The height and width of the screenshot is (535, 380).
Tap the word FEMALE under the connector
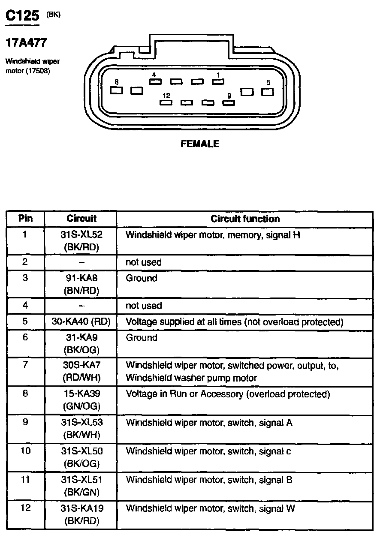[x=200, y=144]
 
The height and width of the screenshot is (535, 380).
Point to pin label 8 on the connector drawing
[x=116, y=81]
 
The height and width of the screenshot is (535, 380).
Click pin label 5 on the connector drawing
[x=268, y=82]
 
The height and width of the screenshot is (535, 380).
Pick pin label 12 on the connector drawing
[x=166, y=96]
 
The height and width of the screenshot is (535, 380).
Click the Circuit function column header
[x=245, y=219]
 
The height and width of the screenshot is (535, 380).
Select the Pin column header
[x=25, y=219]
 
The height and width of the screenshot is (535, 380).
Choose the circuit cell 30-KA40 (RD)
[x=81, y=322]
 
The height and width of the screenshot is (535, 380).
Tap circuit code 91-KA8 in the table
[x=81, y=278]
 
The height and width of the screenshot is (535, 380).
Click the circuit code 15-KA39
[x=81, y=394]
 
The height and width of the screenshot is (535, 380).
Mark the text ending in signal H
[x=213, y=235]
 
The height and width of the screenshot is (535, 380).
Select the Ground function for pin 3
[x=142, y=278]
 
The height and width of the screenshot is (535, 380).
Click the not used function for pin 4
[x=144, y=306]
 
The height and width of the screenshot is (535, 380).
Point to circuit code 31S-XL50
[x=81, y=451]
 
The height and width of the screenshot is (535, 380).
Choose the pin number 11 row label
[x=25, y=480]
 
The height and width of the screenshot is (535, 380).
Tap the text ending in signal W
[x=210, y=509]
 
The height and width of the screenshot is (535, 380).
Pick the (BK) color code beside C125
[x=53, y=14]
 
